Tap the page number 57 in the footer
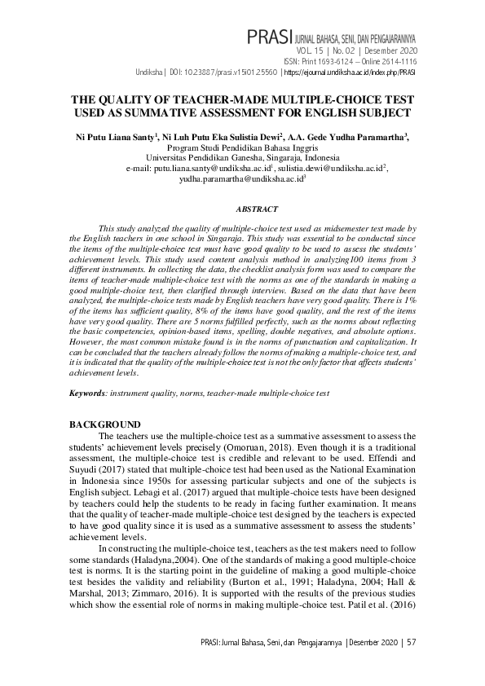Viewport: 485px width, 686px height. (411, 643)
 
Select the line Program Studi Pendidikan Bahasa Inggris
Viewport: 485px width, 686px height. (242, 148)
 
